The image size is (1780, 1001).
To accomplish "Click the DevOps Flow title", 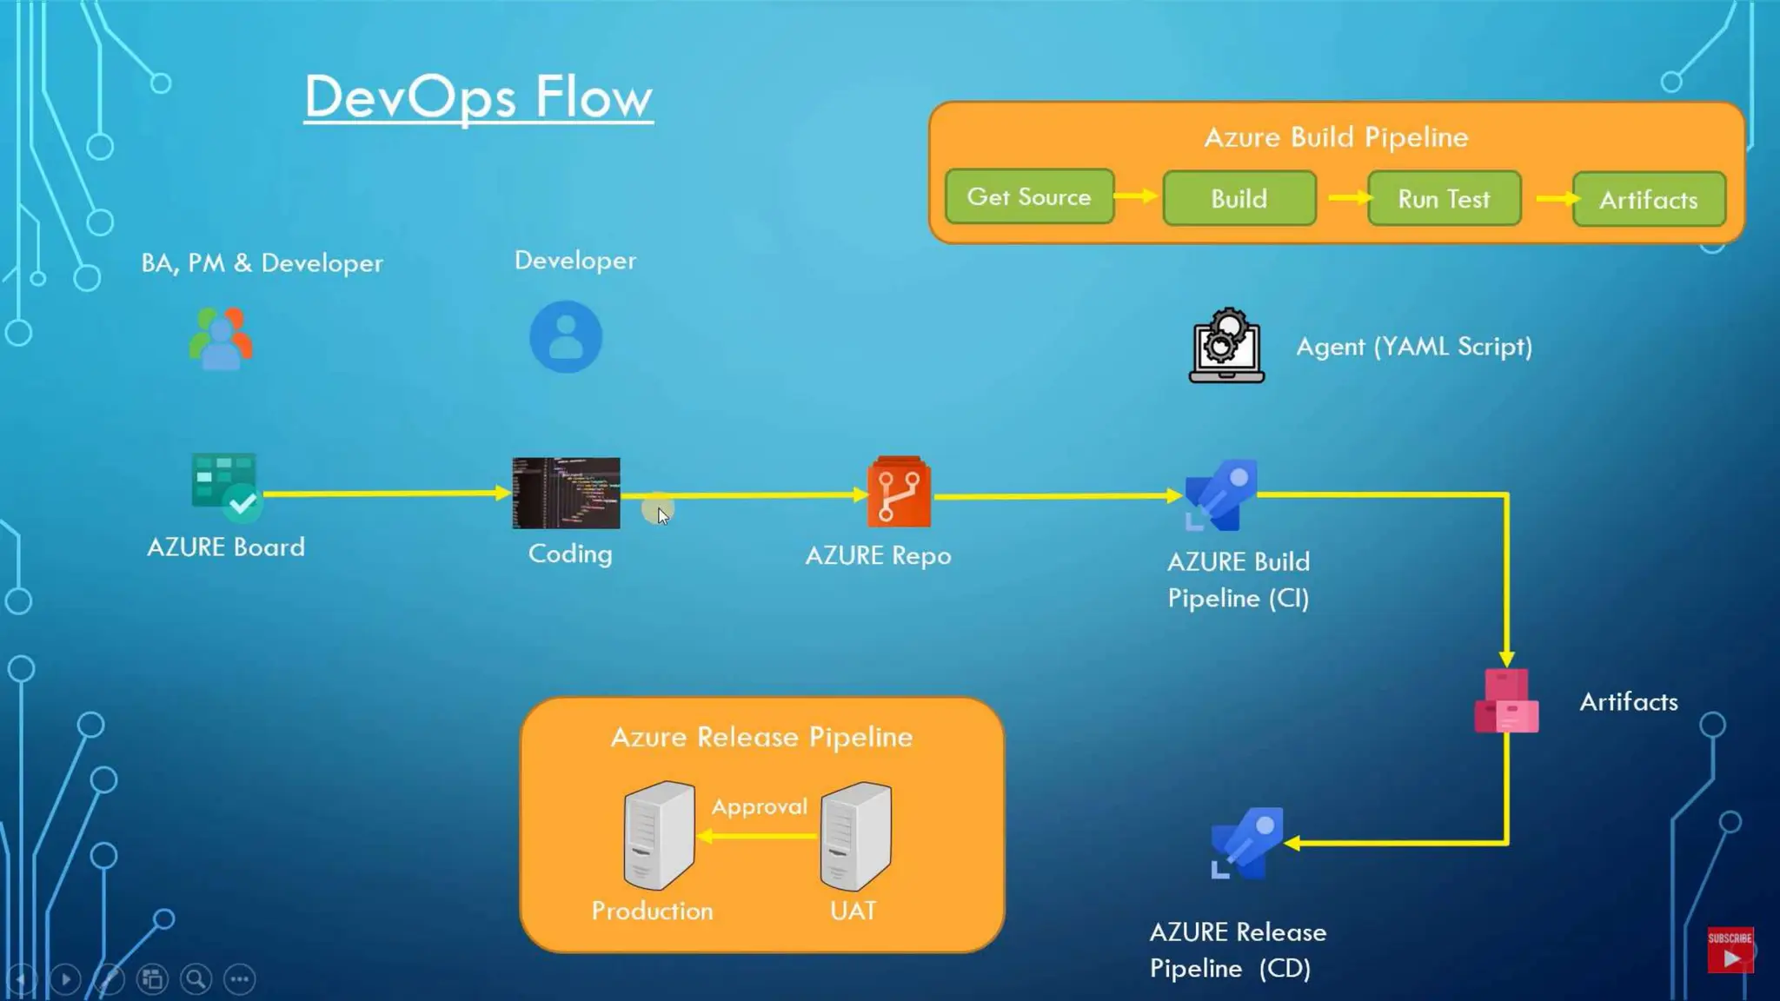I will pos(478,96).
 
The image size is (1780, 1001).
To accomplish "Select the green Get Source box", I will pos(1029,197).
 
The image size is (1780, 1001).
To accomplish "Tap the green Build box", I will pos(1239,199).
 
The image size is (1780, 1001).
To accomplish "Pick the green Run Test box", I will pos(1444,199).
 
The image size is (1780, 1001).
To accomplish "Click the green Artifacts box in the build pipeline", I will pos(1648,200).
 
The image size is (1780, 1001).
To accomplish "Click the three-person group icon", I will pos(221,339).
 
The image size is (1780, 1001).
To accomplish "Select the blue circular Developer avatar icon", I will pos(566,337).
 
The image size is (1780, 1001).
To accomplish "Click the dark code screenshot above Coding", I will pos(566,493).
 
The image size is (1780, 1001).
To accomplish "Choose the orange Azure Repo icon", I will pos(899,493).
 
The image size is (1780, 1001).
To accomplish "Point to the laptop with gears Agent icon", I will pos(1226,346).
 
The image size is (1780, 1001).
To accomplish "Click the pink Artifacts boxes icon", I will pos(1506,701).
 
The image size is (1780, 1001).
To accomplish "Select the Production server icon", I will pos(659,835).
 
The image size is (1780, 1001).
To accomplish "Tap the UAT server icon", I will pos(855,835).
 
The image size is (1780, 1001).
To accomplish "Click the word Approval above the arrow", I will pos(759,806).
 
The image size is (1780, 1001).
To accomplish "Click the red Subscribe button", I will pos(1730,950).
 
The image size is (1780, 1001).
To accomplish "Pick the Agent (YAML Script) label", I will pos(1413,347).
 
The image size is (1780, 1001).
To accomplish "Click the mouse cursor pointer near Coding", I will pos(661,514).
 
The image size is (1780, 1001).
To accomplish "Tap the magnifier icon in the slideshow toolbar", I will pos(196,979).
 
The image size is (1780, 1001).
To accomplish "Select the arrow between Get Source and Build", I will pos(1136,196).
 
